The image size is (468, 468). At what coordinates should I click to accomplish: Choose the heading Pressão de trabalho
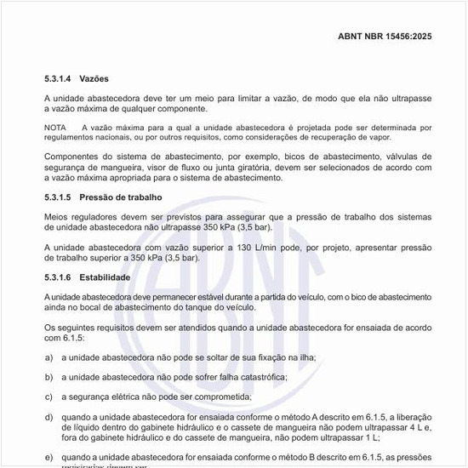[x=127, y=197]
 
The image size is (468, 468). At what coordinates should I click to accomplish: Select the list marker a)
[x=49, y=357]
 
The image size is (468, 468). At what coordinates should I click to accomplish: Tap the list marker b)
[x=49, y=377]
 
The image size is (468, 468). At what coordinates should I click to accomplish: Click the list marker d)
[x=49, y=417]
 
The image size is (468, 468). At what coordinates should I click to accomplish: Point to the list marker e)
[x=49, y=457]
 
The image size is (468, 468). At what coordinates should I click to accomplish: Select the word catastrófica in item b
[x=258, y=377]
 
